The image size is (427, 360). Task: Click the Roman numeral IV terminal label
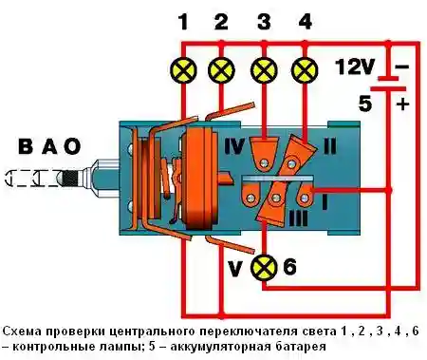coord(232,148)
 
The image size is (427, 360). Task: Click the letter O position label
coord(72,147)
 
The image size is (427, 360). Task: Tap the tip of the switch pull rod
coord(8,177)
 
